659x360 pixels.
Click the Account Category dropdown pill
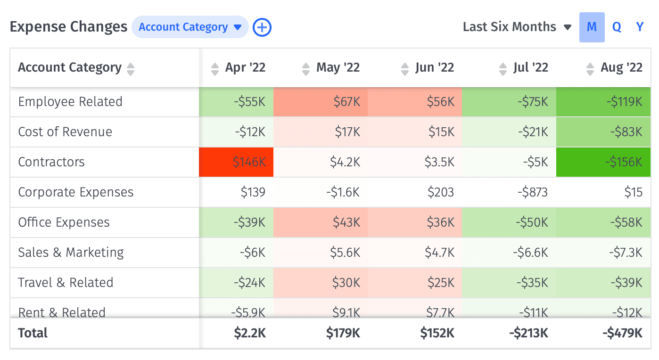pos(190,27)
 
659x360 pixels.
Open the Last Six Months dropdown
pos(517,27)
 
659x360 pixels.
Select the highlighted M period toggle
pos(592,27)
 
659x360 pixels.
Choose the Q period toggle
pos(617,27)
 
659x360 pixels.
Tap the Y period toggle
pos(640,27)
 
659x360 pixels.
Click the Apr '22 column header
pos(245,68)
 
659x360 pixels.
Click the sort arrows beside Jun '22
pos(404,69)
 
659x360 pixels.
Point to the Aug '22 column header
pos(621,68)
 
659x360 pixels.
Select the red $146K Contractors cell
pos(236,162)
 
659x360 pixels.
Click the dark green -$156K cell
pos(603,162)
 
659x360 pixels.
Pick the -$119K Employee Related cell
pos(603,102)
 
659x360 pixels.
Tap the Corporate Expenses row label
pos(75,192)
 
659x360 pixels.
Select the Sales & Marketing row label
pos(71,253)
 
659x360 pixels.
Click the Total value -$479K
pos(622,333)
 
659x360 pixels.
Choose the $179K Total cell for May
pos(343,333)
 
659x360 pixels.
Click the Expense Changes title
pos(68,27)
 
